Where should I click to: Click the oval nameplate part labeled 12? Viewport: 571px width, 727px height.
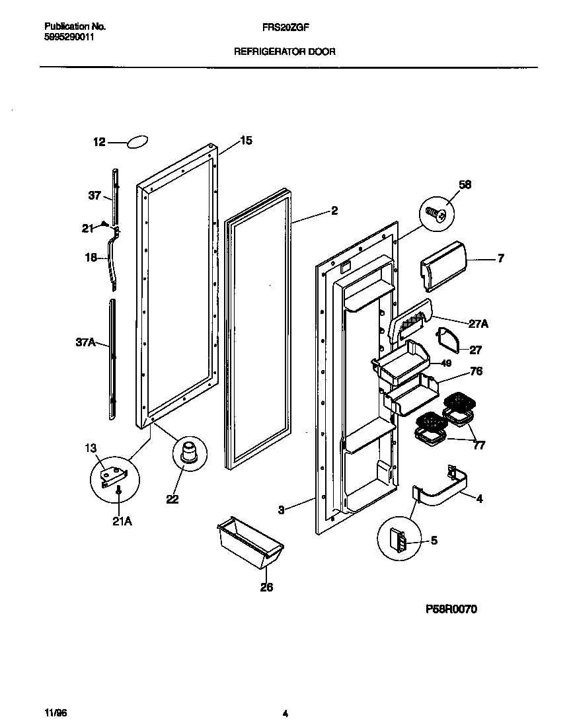137,142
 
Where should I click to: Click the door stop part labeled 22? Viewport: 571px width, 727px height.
188,455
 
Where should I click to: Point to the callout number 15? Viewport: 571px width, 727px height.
246,140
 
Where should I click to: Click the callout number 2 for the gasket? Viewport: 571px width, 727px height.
334,211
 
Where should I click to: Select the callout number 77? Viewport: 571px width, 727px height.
479,445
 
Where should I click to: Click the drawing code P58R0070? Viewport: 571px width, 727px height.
446,609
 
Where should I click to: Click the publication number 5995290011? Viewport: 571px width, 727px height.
69,38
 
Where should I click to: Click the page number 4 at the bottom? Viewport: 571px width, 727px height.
285,714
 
